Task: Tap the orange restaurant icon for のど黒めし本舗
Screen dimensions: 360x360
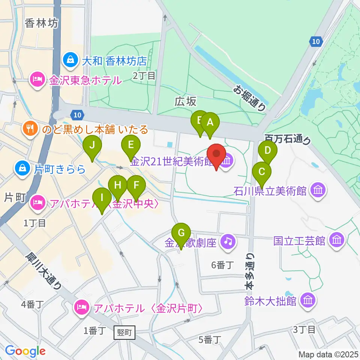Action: point(30,129)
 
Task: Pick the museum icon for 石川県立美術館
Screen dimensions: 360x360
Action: point(318,190)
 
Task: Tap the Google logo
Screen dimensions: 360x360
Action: point(25,351)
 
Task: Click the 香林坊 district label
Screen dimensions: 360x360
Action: point(42,24)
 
